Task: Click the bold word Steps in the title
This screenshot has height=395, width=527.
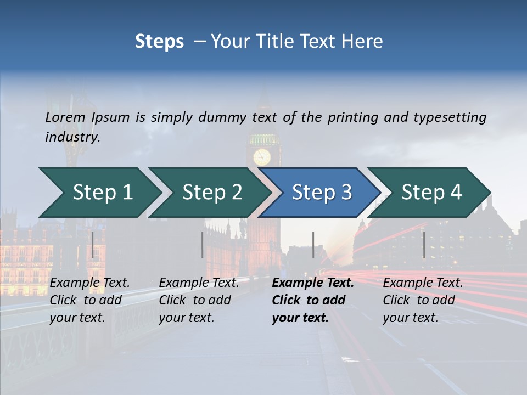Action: (159, 42)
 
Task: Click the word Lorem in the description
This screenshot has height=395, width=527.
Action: (65, 117)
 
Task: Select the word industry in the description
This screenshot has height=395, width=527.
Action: (71, 137)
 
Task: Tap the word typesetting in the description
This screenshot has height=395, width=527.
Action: (450, 117)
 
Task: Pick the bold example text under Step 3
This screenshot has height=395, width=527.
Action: (313, 300)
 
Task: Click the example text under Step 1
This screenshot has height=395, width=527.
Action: (89, 300)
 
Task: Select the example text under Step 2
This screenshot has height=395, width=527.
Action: (199, 300)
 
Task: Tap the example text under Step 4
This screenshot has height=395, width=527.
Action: (423, 300)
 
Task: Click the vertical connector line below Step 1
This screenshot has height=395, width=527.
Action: (93, 245)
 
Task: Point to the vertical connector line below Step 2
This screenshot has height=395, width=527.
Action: (203, 245)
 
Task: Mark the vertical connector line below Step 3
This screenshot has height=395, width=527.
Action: (313, 245)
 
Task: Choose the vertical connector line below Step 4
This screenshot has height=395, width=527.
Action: (424, 245)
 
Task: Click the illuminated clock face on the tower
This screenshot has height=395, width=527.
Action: (262, 157)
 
